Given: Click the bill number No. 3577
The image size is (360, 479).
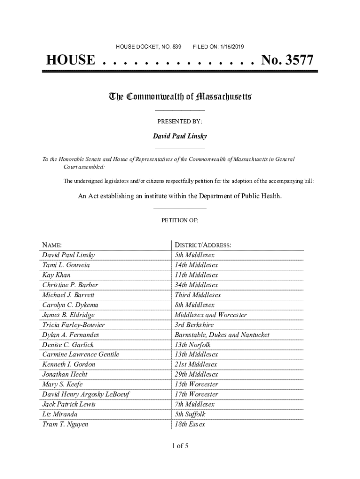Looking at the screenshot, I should (x=287, y=60).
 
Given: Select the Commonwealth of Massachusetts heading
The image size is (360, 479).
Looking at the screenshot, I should (x=180, y=97).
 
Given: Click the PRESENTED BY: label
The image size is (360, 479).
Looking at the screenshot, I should (x=180, y=122).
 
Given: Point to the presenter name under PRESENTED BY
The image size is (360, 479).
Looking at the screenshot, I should (x=180, y=136).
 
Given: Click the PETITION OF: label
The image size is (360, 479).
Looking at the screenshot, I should (x=180, y=220).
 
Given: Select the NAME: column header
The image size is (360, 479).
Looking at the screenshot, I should (x=52, y=245).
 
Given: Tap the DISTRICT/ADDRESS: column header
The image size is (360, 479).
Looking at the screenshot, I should (x=203, y=245).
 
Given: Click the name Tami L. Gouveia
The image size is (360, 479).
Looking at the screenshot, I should (x=66, y=265).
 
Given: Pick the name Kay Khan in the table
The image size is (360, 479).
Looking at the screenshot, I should (x=56, y=275).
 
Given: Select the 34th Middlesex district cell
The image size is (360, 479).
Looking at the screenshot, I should (x=196, y=285).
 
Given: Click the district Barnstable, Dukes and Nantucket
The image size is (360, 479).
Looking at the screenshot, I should (x=222, y=335).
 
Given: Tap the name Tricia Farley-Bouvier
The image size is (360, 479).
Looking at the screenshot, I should (x=73, y=325).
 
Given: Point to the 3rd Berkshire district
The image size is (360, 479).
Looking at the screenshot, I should (x=194, y=325).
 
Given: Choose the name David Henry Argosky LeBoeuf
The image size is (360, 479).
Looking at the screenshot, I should (x=86, y=394).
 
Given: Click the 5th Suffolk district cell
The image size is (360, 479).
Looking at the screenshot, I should (x=190, y=414).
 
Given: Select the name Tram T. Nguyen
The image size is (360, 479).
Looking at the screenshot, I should (x=65, y=424).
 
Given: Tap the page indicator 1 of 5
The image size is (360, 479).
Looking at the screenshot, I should (x=180, y=446).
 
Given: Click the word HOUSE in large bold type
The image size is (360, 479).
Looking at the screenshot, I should (x=70, y=60).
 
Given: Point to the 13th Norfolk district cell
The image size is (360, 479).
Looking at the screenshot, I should (x=193, y=345).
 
